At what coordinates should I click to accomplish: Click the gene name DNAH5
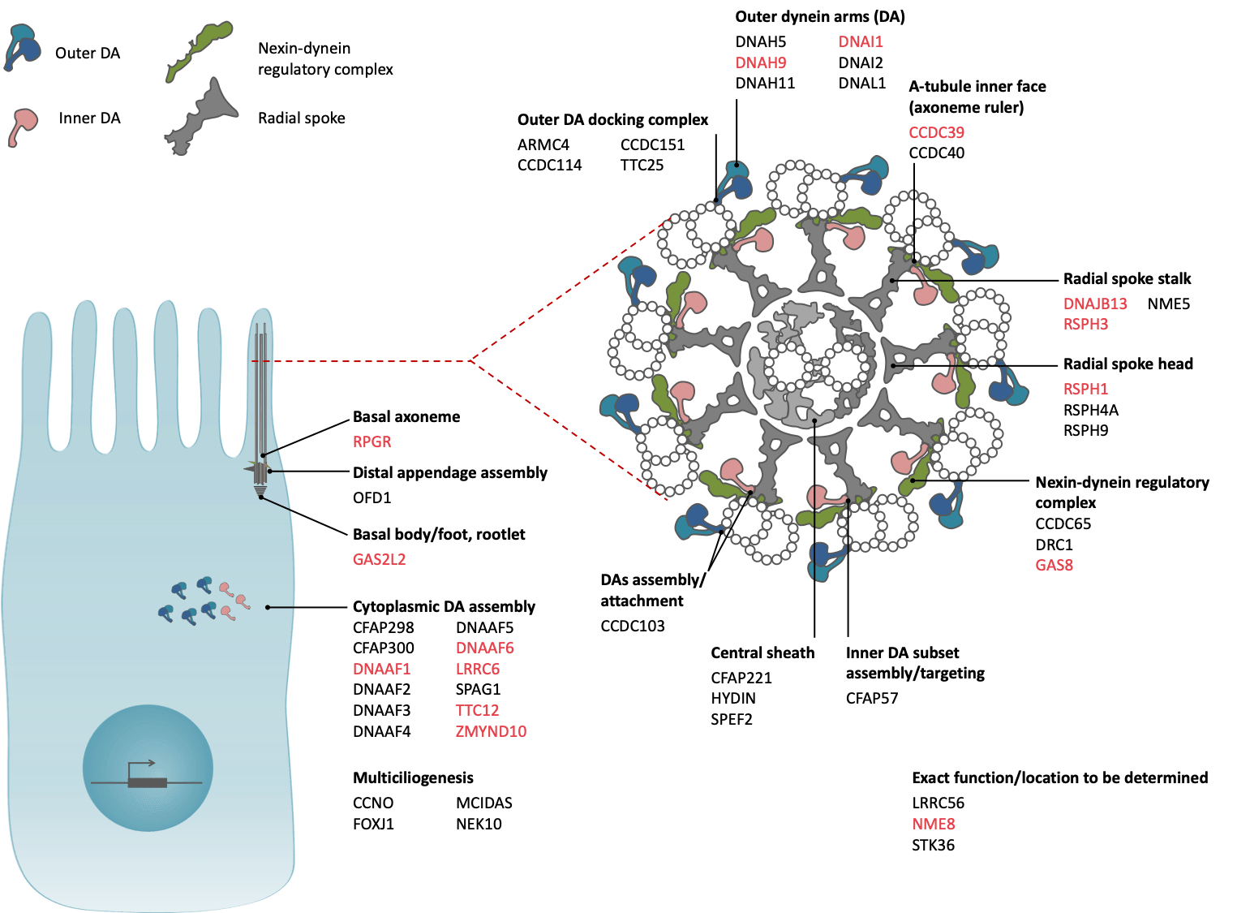[760, 41]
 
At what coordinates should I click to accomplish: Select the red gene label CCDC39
[936, 132]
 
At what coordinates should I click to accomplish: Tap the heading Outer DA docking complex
[612, 120]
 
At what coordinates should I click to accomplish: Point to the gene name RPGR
[372, 441]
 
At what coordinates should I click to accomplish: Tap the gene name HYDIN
[732, 698]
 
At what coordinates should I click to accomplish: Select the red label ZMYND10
[491, 731]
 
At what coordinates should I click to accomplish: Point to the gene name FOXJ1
[373, 824]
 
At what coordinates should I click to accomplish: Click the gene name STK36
[933, 845]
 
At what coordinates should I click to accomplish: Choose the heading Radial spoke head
[1127, 364]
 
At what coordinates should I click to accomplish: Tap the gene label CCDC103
[632, 626]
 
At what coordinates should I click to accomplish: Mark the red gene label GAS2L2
[379, 559]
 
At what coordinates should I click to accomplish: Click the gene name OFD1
[372, 497]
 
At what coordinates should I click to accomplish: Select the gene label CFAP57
[871, 698]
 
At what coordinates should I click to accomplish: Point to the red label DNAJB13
[1095, 304]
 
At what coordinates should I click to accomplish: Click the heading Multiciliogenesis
[413, 777]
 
